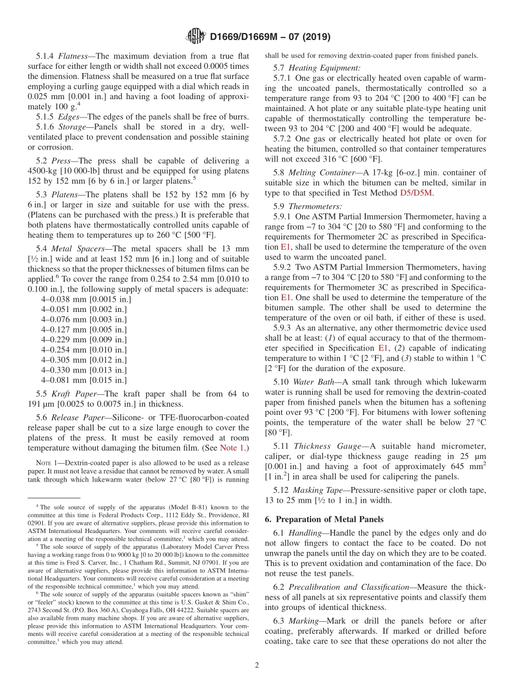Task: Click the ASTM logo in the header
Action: [195, 37]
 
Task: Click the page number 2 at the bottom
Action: [257, 665]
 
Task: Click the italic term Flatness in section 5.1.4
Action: [76, 56]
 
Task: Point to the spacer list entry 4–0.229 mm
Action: [83, 340]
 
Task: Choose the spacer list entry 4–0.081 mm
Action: [83, 380]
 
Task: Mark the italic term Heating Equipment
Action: [324, 68]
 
